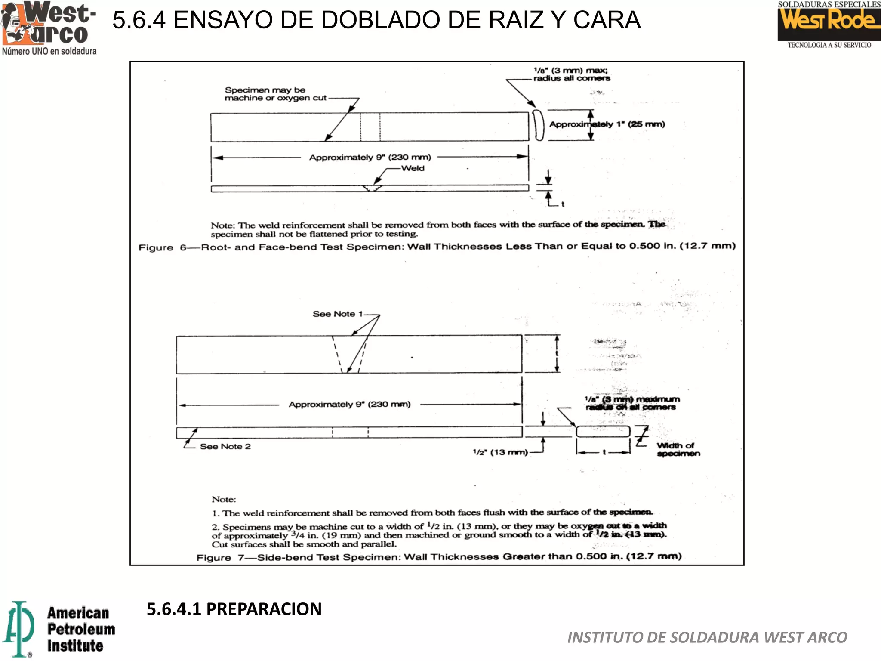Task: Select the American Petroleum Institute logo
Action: [59, 629]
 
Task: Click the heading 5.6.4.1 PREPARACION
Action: [234, 609]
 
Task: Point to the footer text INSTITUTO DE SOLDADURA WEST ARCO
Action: [707, 637]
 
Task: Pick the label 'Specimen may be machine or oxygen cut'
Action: [275, 94]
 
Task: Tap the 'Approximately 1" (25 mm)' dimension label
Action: [607, 124]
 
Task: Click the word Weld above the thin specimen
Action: [413, 168]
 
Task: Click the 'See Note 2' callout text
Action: [225, 447]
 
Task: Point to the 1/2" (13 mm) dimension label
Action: [500, 452]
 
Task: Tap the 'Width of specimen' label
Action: [678, 449]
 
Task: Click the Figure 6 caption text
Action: [437, 247]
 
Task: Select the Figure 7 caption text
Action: [439, 557]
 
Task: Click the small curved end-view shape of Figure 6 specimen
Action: [538, 125]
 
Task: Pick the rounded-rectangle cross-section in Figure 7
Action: [603, 431]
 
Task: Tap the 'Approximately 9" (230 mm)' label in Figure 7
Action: [349, 405]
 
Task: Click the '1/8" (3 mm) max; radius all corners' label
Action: [571, 74]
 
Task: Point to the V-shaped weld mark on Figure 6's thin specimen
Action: [372, 188]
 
